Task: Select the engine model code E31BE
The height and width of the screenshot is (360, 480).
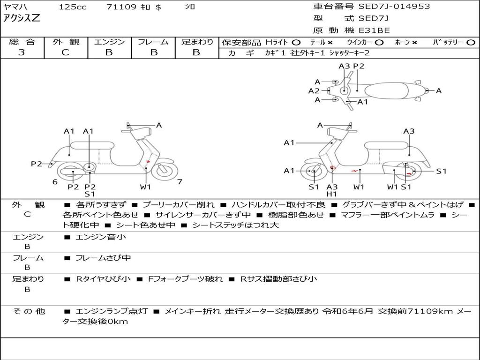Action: tap(374, 31)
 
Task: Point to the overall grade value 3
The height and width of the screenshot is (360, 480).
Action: tap(22, 52)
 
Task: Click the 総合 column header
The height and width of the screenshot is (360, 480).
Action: tap(22, 42)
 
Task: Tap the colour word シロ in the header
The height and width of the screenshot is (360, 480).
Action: tap(190, 7)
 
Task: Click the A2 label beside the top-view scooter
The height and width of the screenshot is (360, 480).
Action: tap(314, 91)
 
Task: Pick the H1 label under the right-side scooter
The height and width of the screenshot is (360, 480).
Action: tap(332, 194)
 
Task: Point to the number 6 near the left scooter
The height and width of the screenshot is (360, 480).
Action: tap(55, 182)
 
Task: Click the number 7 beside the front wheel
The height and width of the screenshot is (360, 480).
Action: tap(180, 182)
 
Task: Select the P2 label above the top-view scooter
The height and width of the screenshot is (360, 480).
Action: tap(359, 66)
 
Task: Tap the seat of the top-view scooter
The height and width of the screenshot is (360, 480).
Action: tap(389, 90)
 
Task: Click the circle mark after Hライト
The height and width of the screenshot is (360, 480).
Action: tap(296, 43)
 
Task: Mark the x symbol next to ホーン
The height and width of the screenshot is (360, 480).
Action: tap(414, 43)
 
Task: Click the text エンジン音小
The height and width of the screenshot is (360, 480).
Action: tap(101, 237)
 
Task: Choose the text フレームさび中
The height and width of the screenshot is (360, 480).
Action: tap(103, 258)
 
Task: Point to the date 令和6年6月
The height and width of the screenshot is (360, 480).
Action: tap(348, 311)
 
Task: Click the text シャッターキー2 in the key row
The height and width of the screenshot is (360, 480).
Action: tap(349, 53)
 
